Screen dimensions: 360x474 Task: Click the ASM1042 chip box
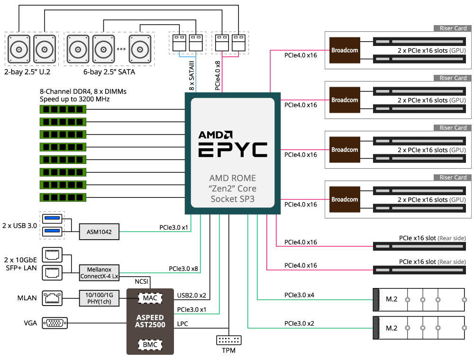point(99,232)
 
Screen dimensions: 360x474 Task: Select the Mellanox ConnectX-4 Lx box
point(99,272)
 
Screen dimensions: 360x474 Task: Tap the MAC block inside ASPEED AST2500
point(150,298)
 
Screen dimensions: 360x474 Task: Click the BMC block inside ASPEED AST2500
point(150,344)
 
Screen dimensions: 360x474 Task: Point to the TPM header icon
point(228,340)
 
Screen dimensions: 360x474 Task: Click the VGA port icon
point(55,323)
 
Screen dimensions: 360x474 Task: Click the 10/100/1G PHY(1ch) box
point(99,298)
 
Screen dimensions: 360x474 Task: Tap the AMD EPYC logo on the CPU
point(232,143)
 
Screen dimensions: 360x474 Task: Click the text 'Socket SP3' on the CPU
point(232,199)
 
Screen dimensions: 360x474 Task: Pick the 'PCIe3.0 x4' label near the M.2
point(301,295)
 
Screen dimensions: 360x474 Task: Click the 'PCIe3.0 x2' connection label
point(301,324)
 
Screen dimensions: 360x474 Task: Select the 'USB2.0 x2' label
point(192,296)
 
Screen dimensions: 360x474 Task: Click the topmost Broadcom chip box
point(345,50)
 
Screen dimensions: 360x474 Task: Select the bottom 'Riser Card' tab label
point(453,178)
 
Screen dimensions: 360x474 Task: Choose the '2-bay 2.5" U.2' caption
point(29,72)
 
